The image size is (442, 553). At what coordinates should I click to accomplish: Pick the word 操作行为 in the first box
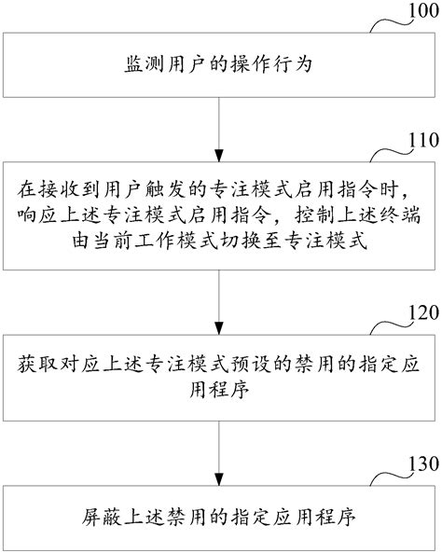pos(275,65)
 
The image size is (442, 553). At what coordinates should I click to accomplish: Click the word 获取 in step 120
pos(36,362)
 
